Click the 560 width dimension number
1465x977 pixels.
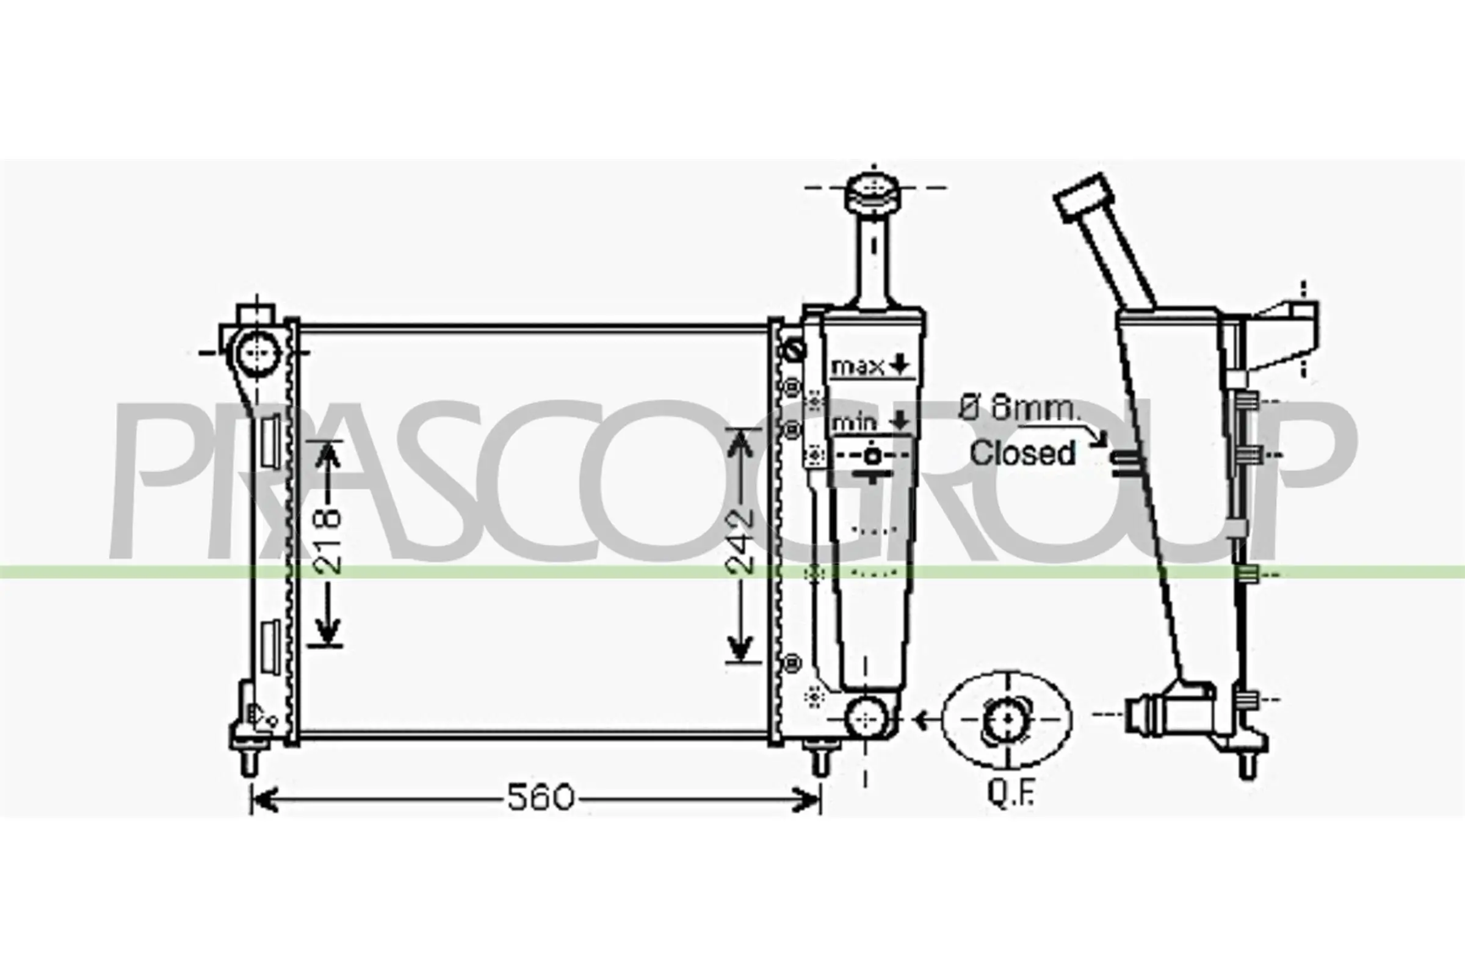click(540, 798)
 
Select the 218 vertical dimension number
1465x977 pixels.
click(328, 542)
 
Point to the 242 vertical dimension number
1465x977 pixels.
click(740, 541)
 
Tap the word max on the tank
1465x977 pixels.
click(858, 366)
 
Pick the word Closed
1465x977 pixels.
click(1022, 453)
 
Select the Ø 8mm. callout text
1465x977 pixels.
click(1018, 409)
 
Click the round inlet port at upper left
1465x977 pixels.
click(257, 352)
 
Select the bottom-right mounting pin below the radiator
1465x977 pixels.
click(821, 761)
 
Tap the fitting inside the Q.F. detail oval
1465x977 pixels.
click(1007, 720)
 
